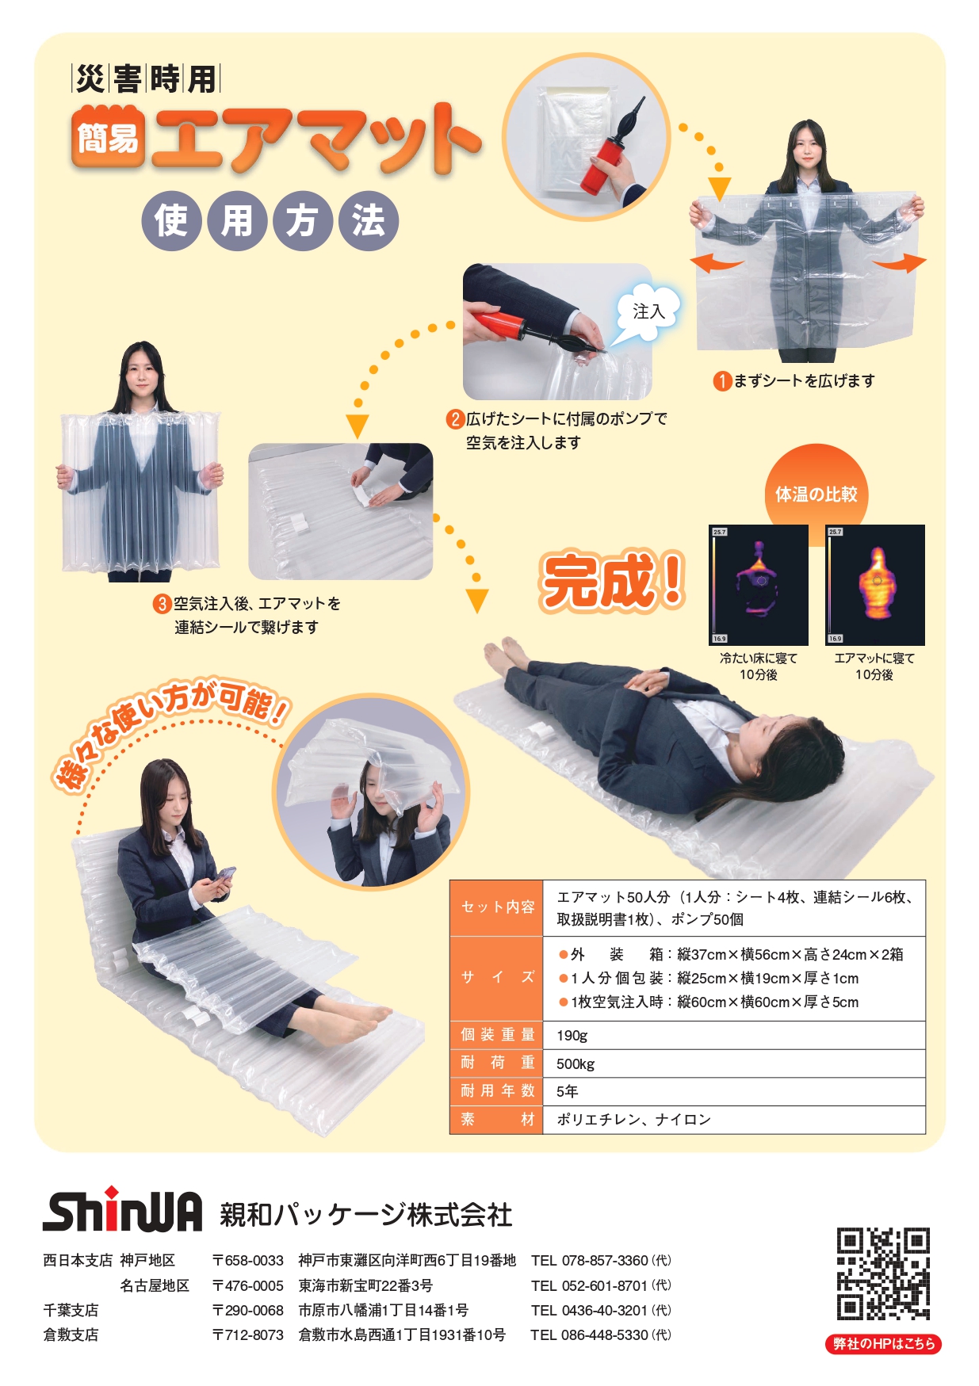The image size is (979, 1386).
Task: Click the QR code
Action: pos(883,1273)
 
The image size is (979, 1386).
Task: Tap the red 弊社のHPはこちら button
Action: pos(883,1343)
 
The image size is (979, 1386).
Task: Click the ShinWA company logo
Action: pos(123,1210)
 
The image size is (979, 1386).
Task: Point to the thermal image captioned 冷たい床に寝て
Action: pos(759,585)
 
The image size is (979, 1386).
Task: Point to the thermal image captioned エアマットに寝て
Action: pos(875,585)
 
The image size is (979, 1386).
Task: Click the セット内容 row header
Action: pos(497,907)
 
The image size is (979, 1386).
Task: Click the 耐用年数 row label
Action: pos(497,1091)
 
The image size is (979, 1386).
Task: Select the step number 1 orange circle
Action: pos(722,381)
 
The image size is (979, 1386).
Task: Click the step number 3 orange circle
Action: pos(163,604)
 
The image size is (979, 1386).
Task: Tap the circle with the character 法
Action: pos(368,221)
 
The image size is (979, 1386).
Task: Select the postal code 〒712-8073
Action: pos(248,1334)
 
